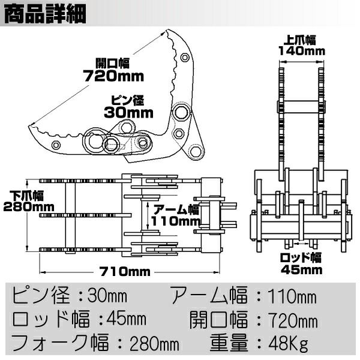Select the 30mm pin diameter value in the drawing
click(x=129, y=112)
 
